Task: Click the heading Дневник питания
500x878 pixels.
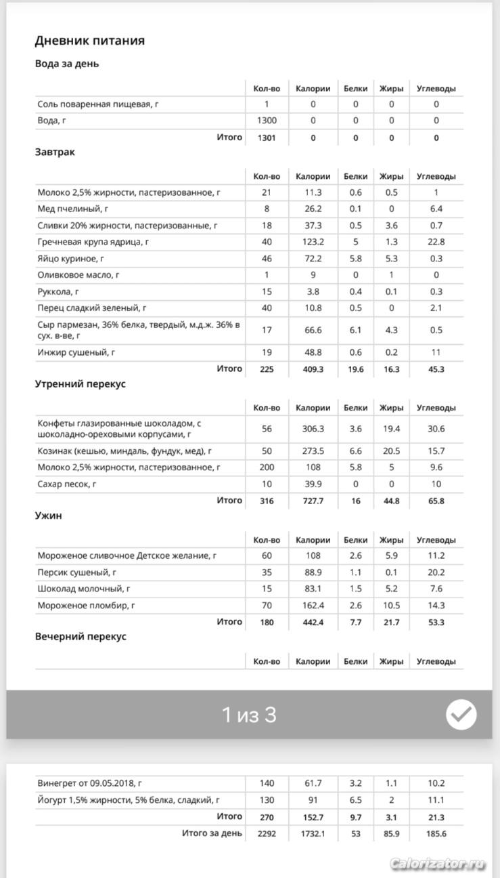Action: pos(89,41)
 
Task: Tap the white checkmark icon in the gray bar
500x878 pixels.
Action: pos(461,714)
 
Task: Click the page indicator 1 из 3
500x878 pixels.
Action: pos(249,715)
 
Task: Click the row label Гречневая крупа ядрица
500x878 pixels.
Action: pos(93,242)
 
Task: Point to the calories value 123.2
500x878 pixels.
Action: pos(313,242)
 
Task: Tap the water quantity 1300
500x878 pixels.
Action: pos(267,121)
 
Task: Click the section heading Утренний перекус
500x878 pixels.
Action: pos(80,384)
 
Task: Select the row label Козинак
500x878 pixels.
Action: pos(124,451)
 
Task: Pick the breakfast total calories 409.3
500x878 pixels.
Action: pos(313,369)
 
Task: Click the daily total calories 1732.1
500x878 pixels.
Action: pos(313,833)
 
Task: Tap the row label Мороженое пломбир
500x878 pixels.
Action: pos(87,606)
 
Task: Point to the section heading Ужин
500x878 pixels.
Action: pos(48,516)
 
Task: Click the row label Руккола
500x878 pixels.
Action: pos(59,291)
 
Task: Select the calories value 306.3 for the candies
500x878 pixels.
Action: pos(313,429)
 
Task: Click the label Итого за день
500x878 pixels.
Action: pos(211,833)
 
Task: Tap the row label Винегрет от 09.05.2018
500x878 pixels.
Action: pos(89,783)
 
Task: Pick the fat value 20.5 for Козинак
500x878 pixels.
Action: pos(391,451)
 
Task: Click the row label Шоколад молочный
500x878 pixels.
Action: pos(84,589)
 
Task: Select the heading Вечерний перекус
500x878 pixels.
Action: pos(81,637)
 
